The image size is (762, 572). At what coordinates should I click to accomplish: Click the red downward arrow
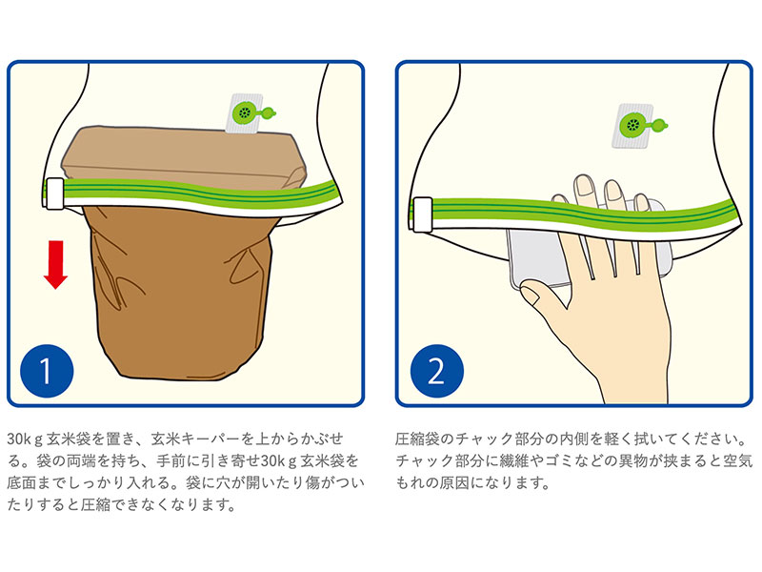(55, 264)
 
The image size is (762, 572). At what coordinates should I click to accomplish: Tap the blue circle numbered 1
(47, 371)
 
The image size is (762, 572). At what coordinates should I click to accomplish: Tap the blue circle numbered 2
(437, 371)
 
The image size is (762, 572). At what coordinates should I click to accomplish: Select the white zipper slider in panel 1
(54, 194)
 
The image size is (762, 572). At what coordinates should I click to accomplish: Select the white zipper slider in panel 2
(422, 214)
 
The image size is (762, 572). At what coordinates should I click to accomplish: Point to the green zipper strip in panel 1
(194, 194)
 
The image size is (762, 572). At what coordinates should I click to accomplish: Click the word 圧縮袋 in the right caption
(417, 439)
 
